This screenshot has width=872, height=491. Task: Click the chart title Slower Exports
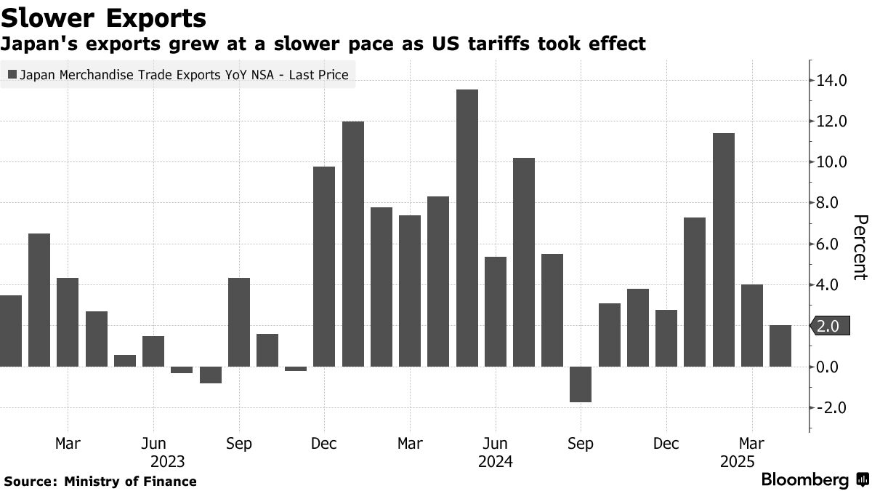point(104,17)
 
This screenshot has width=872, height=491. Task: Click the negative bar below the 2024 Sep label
point(581,384)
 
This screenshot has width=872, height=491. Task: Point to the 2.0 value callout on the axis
point(828,327)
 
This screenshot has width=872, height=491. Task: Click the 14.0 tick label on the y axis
point(832,80)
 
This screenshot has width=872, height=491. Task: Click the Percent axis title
point(860,247)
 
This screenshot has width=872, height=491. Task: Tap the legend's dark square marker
point(12,74)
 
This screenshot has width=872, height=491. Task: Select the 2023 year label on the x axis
point(167,461)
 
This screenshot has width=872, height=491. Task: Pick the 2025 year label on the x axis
point(737,461)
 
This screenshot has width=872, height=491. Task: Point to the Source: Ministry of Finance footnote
point(100,481)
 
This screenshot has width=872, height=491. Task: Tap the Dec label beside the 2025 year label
point(666,443)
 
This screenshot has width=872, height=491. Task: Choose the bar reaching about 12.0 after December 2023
point(353,244)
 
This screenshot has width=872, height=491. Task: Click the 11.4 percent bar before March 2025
point(724,250)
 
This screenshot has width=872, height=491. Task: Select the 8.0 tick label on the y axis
point(832,203)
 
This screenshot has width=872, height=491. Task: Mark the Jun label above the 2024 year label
point(495,443)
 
